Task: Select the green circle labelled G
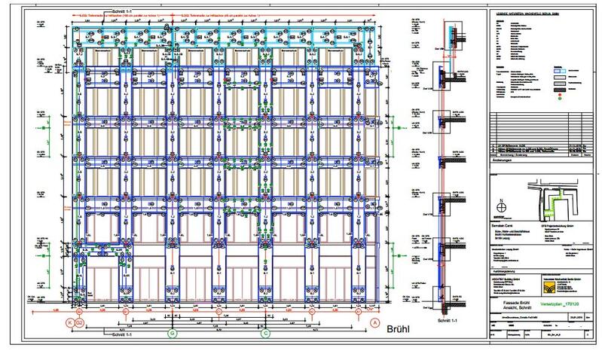[173, 332]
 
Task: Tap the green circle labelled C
[264, 332]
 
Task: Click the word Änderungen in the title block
[503, 160]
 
